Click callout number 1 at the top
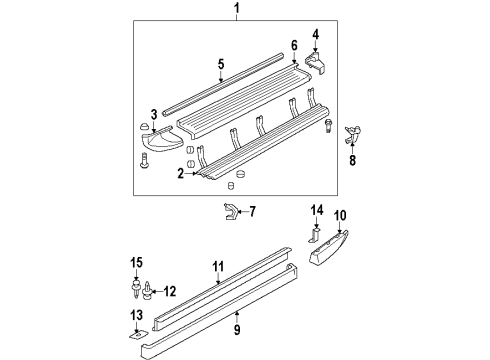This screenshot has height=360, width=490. point(237,11)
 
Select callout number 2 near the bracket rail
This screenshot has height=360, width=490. point(179,174)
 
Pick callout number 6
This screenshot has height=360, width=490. point(294,45)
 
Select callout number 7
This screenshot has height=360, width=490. point(252,211)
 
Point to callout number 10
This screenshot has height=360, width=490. point(339,243)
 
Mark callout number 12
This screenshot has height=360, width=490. point(170,291)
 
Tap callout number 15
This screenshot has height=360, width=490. point(137,263)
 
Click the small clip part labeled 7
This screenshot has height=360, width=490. point(230,211)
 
